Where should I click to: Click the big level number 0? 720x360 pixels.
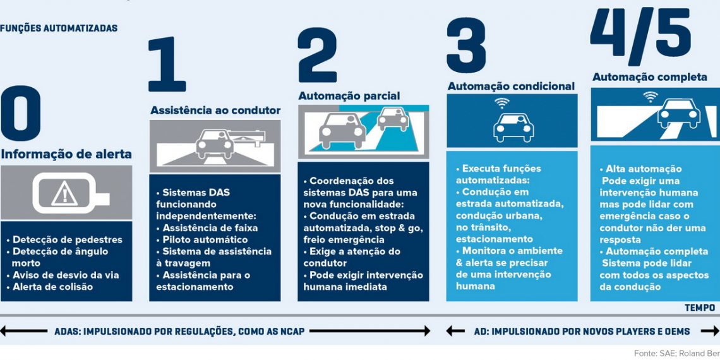coord(21,113)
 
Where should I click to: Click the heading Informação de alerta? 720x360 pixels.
coord(66,154)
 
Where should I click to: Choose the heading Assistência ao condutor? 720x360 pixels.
coord(215,111)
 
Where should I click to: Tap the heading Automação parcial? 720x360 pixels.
coord(349,96)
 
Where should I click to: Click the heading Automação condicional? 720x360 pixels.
coord(511,86)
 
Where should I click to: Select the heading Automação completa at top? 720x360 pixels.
coord(649,77)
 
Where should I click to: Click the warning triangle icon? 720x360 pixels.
coord(64,193)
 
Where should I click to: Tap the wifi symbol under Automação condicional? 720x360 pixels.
coord(501,102)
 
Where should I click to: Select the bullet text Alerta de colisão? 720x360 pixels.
coord(53,287)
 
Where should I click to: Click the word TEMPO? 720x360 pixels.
coord(699,308)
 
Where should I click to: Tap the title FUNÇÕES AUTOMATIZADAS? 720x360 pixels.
coord(59,28)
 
